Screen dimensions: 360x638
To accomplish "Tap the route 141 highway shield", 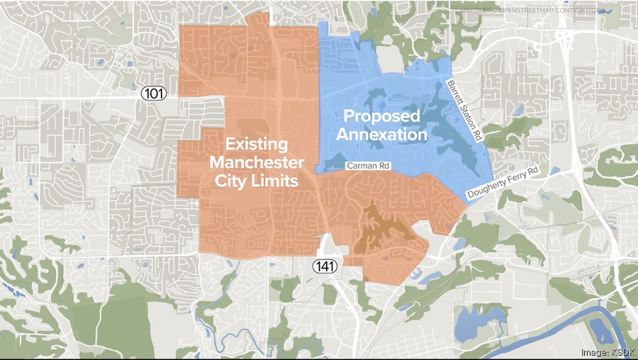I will (x=327, y=264).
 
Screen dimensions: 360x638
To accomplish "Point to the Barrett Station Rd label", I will (x=464, y=112).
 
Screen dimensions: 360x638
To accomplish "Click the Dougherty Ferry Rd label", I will (x=503, y=183).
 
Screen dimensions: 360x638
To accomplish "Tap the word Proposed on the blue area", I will (x=382, y=116).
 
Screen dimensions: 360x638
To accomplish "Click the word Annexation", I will (x=382, y=134).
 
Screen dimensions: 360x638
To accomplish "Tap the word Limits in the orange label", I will (x=274, y=181).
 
